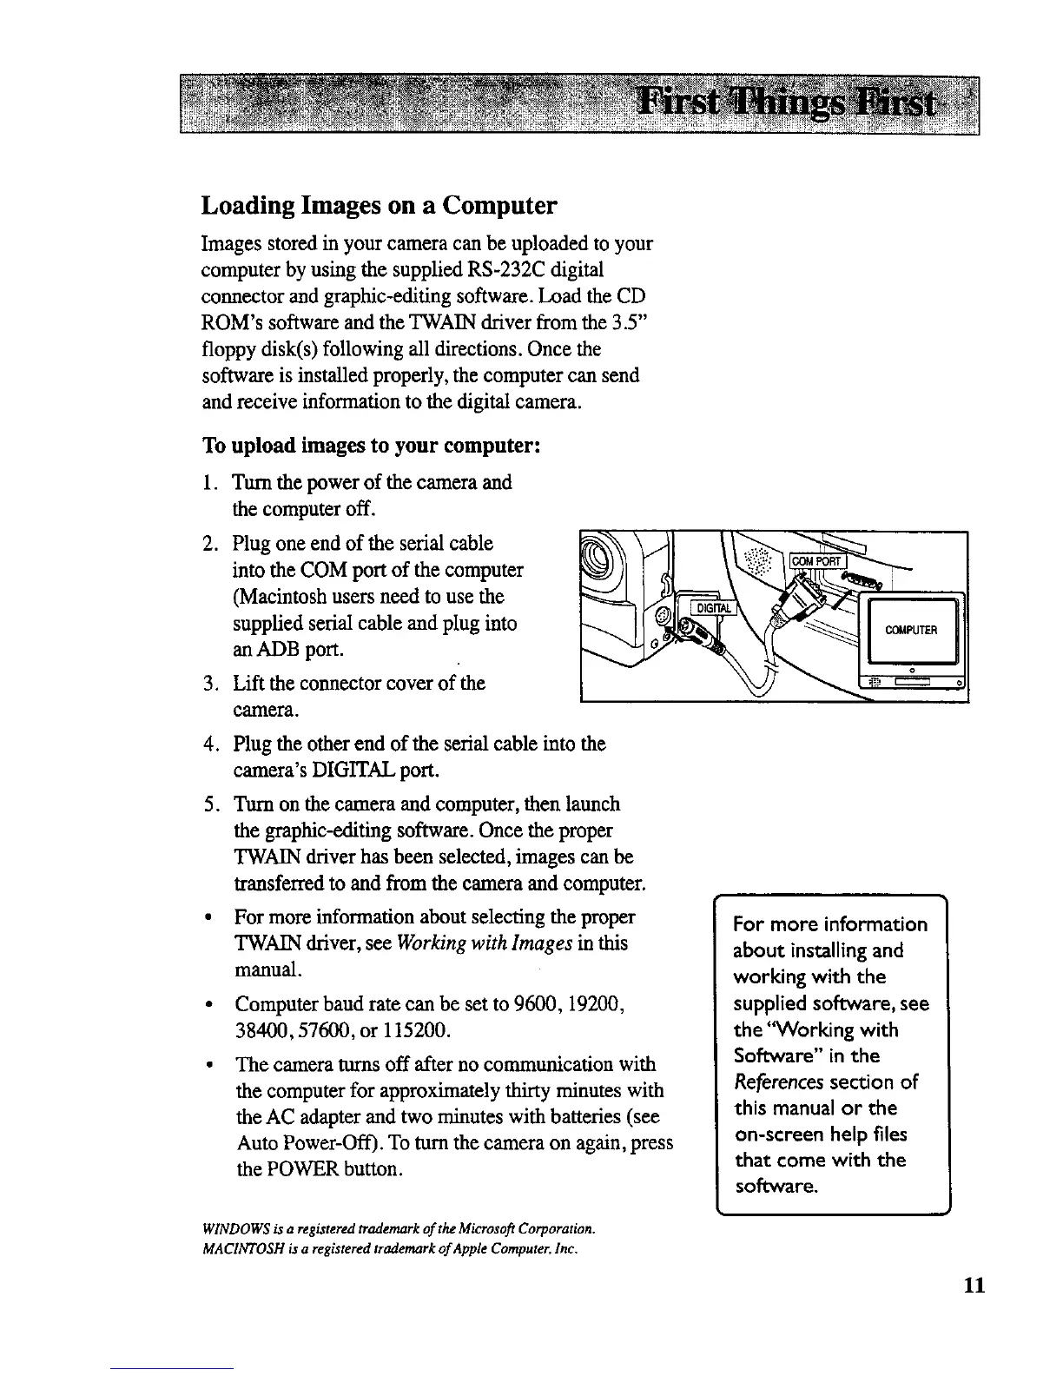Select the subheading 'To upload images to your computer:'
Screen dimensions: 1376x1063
[373, 447]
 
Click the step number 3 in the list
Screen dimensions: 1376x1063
[209, 684]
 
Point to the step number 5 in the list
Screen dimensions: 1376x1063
[209, 805]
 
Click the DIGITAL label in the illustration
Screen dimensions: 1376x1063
[711, 609]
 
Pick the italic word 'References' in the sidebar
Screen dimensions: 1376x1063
[779, 1082]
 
